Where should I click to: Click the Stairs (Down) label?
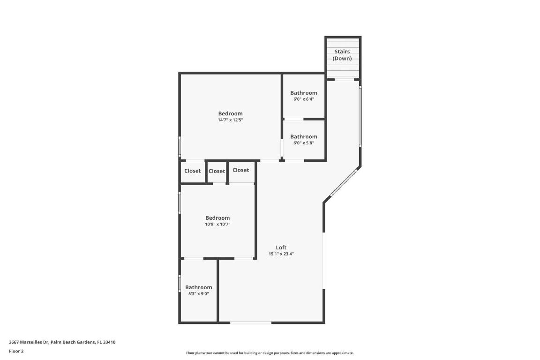tap(342, 55)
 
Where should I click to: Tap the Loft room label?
tap(281, 247)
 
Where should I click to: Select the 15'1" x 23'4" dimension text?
tap(281, 254)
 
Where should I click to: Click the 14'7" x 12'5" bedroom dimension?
tap(230, 120)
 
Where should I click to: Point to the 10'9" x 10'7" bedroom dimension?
tap(217, 225)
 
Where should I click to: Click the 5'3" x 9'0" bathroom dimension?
tap(198, 294)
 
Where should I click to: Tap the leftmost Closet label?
tap(192, 171)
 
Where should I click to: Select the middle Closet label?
tap(217, 171)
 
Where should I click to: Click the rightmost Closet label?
tap(240, 170)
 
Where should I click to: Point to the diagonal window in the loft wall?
tap(344, 183)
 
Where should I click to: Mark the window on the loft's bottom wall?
tap(251, 322)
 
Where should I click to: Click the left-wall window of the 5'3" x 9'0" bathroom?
tap(180, 284)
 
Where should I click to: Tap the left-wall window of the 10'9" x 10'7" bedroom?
tap(180, 203)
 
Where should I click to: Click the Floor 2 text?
tap(16, 351)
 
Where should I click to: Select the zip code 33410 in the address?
tap(109, 342)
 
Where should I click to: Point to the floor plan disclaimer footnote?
tap(270, 353)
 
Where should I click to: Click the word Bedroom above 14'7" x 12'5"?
tap(230, 113)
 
